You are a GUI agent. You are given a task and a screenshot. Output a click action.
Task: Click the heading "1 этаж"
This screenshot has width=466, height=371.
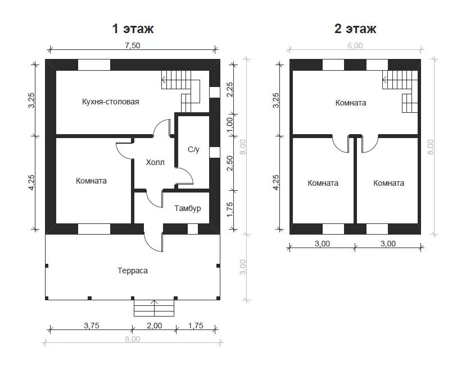tap(133, 29)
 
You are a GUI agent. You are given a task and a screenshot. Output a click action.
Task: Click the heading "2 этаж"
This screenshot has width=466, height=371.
tap(355, 29)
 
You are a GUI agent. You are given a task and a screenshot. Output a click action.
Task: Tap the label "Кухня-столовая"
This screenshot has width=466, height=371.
tap(111, 102)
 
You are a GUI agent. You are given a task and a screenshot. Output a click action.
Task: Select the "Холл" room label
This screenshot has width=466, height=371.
tap(155, 162)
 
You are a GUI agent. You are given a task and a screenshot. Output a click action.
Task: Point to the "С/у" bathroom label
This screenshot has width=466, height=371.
tap(193, 149)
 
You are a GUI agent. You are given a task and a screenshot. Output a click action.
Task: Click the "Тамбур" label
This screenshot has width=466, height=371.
tap(188, 208)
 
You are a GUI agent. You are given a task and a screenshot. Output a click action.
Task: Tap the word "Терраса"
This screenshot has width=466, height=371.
tap(133, 271)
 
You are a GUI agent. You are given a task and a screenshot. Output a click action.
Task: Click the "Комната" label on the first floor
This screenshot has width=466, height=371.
tap(91, 181)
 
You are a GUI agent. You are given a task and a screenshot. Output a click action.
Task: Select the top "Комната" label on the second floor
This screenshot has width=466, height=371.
tap(351, 103)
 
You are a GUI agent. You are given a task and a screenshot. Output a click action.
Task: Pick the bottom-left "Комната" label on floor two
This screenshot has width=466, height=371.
tap(323, 183)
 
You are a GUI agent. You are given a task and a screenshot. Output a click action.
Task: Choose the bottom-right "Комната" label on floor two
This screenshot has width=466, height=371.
tap(389, 183)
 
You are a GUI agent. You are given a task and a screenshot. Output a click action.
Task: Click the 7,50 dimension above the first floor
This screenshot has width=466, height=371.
tap(133, 45)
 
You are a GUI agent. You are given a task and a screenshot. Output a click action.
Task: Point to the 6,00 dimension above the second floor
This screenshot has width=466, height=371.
tap(355, 45)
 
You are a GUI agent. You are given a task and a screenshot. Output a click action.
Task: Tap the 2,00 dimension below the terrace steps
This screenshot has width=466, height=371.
tap(155, 326)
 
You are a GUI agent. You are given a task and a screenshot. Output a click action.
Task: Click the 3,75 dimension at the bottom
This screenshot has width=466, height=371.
tap(92, 326)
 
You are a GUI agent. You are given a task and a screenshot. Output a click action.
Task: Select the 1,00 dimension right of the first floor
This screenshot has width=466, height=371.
tap(230, 125)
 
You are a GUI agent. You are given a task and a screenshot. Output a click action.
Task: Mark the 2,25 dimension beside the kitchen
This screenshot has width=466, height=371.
tap(230, 90)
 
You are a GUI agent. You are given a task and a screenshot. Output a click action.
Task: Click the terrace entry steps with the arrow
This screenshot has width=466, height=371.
tap(154, 308)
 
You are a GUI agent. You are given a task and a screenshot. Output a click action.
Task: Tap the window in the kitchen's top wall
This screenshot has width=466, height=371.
tap(94, 65)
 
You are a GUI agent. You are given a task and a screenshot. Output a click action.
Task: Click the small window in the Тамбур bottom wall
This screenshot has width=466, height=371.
tap(193, 229)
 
